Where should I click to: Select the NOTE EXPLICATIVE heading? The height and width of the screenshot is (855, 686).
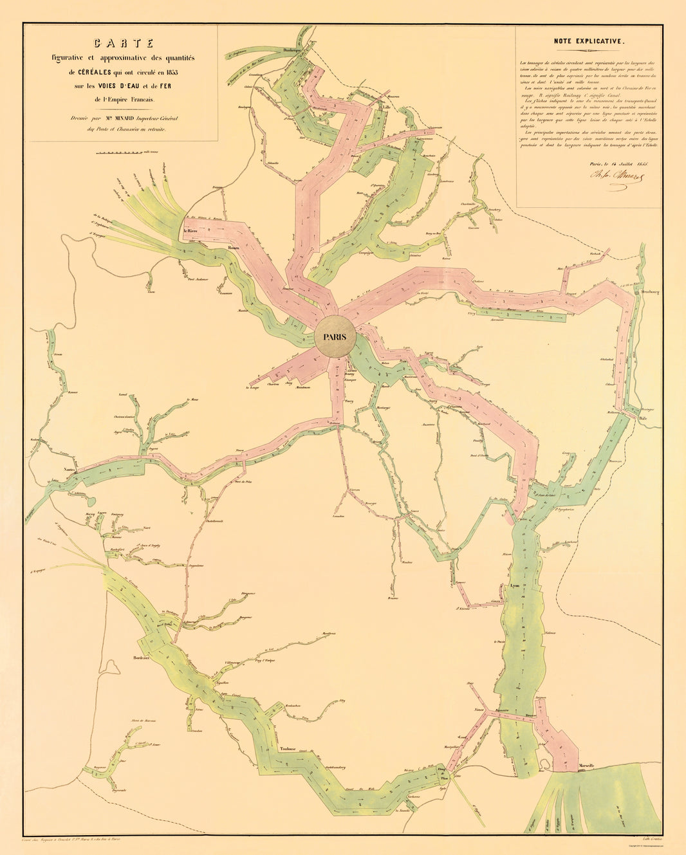click(x=589, y=41)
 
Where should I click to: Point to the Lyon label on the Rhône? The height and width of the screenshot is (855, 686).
click(x=514, y=587)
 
